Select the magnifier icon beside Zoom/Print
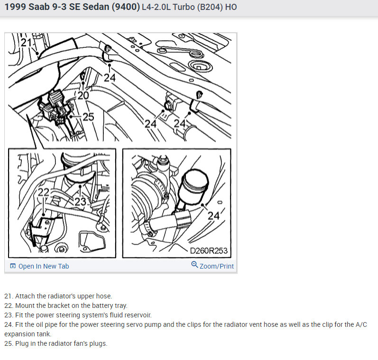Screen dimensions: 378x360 pos(194,265)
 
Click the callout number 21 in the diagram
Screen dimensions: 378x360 pos(26,43)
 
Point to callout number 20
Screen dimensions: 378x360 pos(83,96)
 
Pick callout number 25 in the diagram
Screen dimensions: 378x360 pos(88,117)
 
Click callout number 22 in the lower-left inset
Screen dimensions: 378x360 pos(44,192)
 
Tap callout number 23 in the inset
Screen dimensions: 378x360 pos(80,202)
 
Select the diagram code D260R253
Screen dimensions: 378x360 pos(209,251)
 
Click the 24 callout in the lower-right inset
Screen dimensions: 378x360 pos(213,216)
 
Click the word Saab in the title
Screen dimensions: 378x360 pos(39,7)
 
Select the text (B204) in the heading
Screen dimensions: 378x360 pos(210,7)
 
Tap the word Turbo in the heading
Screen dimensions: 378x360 pos(184,7)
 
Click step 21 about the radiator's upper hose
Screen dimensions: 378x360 pos(58,296)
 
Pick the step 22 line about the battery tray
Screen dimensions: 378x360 pos(66,306)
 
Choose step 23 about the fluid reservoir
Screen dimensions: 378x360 pos(78,315)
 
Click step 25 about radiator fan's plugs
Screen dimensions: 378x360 pos(55,343)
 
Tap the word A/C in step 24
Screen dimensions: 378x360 pos(361,324)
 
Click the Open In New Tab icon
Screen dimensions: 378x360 pos(13,266)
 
